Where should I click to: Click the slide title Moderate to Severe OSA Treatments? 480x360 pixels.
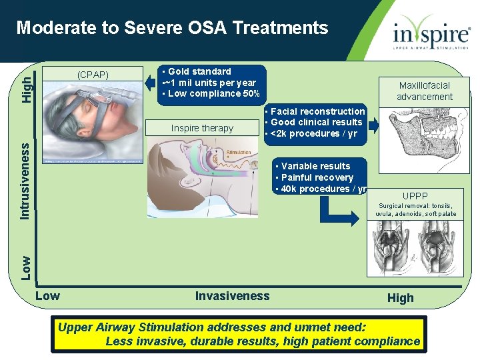pyautogui.click(x=172, y=28)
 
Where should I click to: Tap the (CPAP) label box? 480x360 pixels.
pyautogui.click(x=93, y=75)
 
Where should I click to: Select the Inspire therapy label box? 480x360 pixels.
pyautogui.click(x=202, y=128)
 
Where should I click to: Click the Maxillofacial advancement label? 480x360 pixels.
pyautogui.click(x=425, y=91)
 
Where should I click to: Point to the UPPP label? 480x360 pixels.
pyautogui.click(x=415, y=196)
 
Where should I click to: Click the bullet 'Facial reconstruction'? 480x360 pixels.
pyautogui.click(x=317, y=111)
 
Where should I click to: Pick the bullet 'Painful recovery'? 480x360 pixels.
pyautogui.click(x=316, y=177)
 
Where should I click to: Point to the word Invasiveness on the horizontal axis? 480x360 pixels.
pyautogui.click(x=232, y=296)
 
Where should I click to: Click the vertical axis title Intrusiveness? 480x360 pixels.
pyautogui.click(x=24, y=180)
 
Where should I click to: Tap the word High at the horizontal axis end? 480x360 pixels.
pyautogui.click(x=400, y=298)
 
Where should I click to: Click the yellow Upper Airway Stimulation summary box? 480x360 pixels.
pyautogui.click(x=238, y=335)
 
